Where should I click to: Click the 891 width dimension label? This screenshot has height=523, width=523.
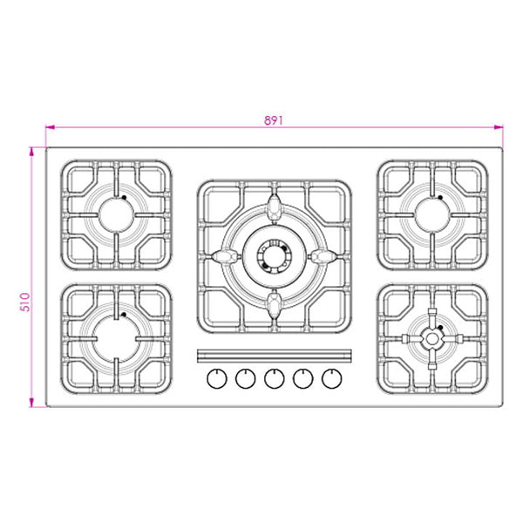pyautogui.click(x=274, y=120)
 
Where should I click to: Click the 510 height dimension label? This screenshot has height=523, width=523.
pyautogui.click(x=25, y=302)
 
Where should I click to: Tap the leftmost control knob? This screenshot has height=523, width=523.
pyautogui.click(x=217, y=378)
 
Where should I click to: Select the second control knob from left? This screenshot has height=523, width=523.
pyautogui.click(x=246, y=378)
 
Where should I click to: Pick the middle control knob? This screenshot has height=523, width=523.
pyautogui.click(x=275, y=378)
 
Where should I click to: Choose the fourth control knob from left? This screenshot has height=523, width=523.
pyautogui.click(x=302, y=378)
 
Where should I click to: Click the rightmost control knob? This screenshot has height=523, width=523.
pyautogui.click(x=331, y=378)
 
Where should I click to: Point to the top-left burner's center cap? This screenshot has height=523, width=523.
pyautogui.click(x=117, y=215)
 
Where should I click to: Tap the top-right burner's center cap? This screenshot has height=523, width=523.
pyautogui.click(x=432, y=215)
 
